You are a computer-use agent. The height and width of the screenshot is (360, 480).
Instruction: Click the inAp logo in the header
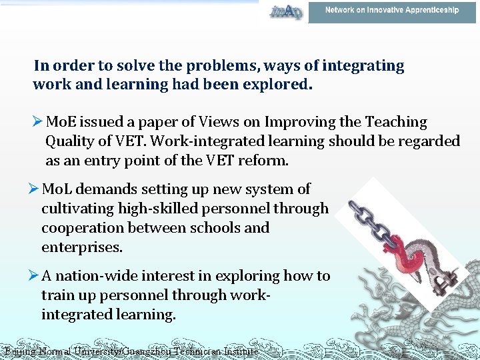pyautogui.click(x=285, y=11)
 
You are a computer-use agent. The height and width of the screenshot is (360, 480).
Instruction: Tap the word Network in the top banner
pyautogui.click(x=340, y=10)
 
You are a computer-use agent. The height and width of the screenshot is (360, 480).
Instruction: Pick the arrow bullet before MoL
pyautogui.click(x=35, y=189)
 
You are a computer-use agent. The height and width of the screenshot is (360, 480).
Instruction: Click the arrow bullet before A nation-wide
pyautogui.click(x=35, y=276)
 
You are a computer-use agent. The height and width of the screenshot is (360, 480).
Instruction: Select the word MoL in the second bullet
pyautogui.click(x=58, y=189)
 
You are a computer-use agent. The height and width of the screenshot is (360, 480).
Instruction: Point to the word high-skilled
pyautogui.click(x=147, y=209)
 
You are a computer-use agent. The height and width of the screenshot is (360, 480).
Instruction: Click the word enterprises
pyautogui.click(x=81, y=247)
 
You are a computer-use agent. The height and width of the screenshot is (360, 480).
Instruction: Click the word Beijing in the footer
pyautogui.click(x=18, y=351)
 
